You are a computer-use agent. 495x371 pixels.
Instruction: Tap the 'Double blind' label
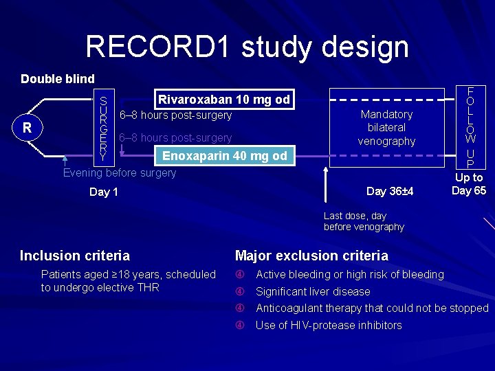click(x=58, y=79)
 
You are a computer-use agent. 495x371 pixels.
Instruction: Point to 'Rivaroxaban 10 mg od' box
click(x=224, y=100)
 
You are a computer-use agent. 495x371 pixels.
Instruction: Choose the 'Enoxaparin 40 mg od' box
click(x=224, y=156)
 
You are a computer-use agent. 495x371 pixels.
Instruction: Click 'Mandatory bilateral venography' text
click(x=386, y=128)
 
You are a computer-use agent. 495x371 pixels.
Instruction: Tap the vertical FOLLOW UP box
click(x=472, y=127)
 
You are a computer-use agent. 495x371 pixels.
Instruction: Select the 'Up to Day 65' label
click(x=469, y=184)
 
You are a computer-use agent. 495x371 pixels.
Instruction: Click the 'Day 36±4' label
click(x=390, y=191)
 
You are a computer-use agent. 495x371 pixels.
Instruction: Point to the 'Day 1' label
click(x=104, y=192)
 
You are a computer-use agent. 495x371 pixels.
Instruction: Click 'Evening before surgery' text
click(x=120, y=173)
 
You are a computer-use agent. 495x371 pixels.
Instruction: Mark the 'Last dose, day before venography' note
click(x=364, y=221)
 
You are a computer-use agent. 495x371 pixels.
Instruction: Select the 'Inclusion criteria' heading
click(x=75, y=256)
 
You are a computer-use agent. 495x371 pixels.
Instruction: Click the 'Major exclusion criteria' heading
click(x=311, y=256)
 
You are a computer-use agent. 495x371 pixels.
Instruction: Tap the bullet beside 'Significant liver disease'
click(x=241, y=292)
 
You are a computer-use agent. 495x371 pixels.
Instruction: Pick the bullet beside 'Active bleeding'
click(x=241, y=275)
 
